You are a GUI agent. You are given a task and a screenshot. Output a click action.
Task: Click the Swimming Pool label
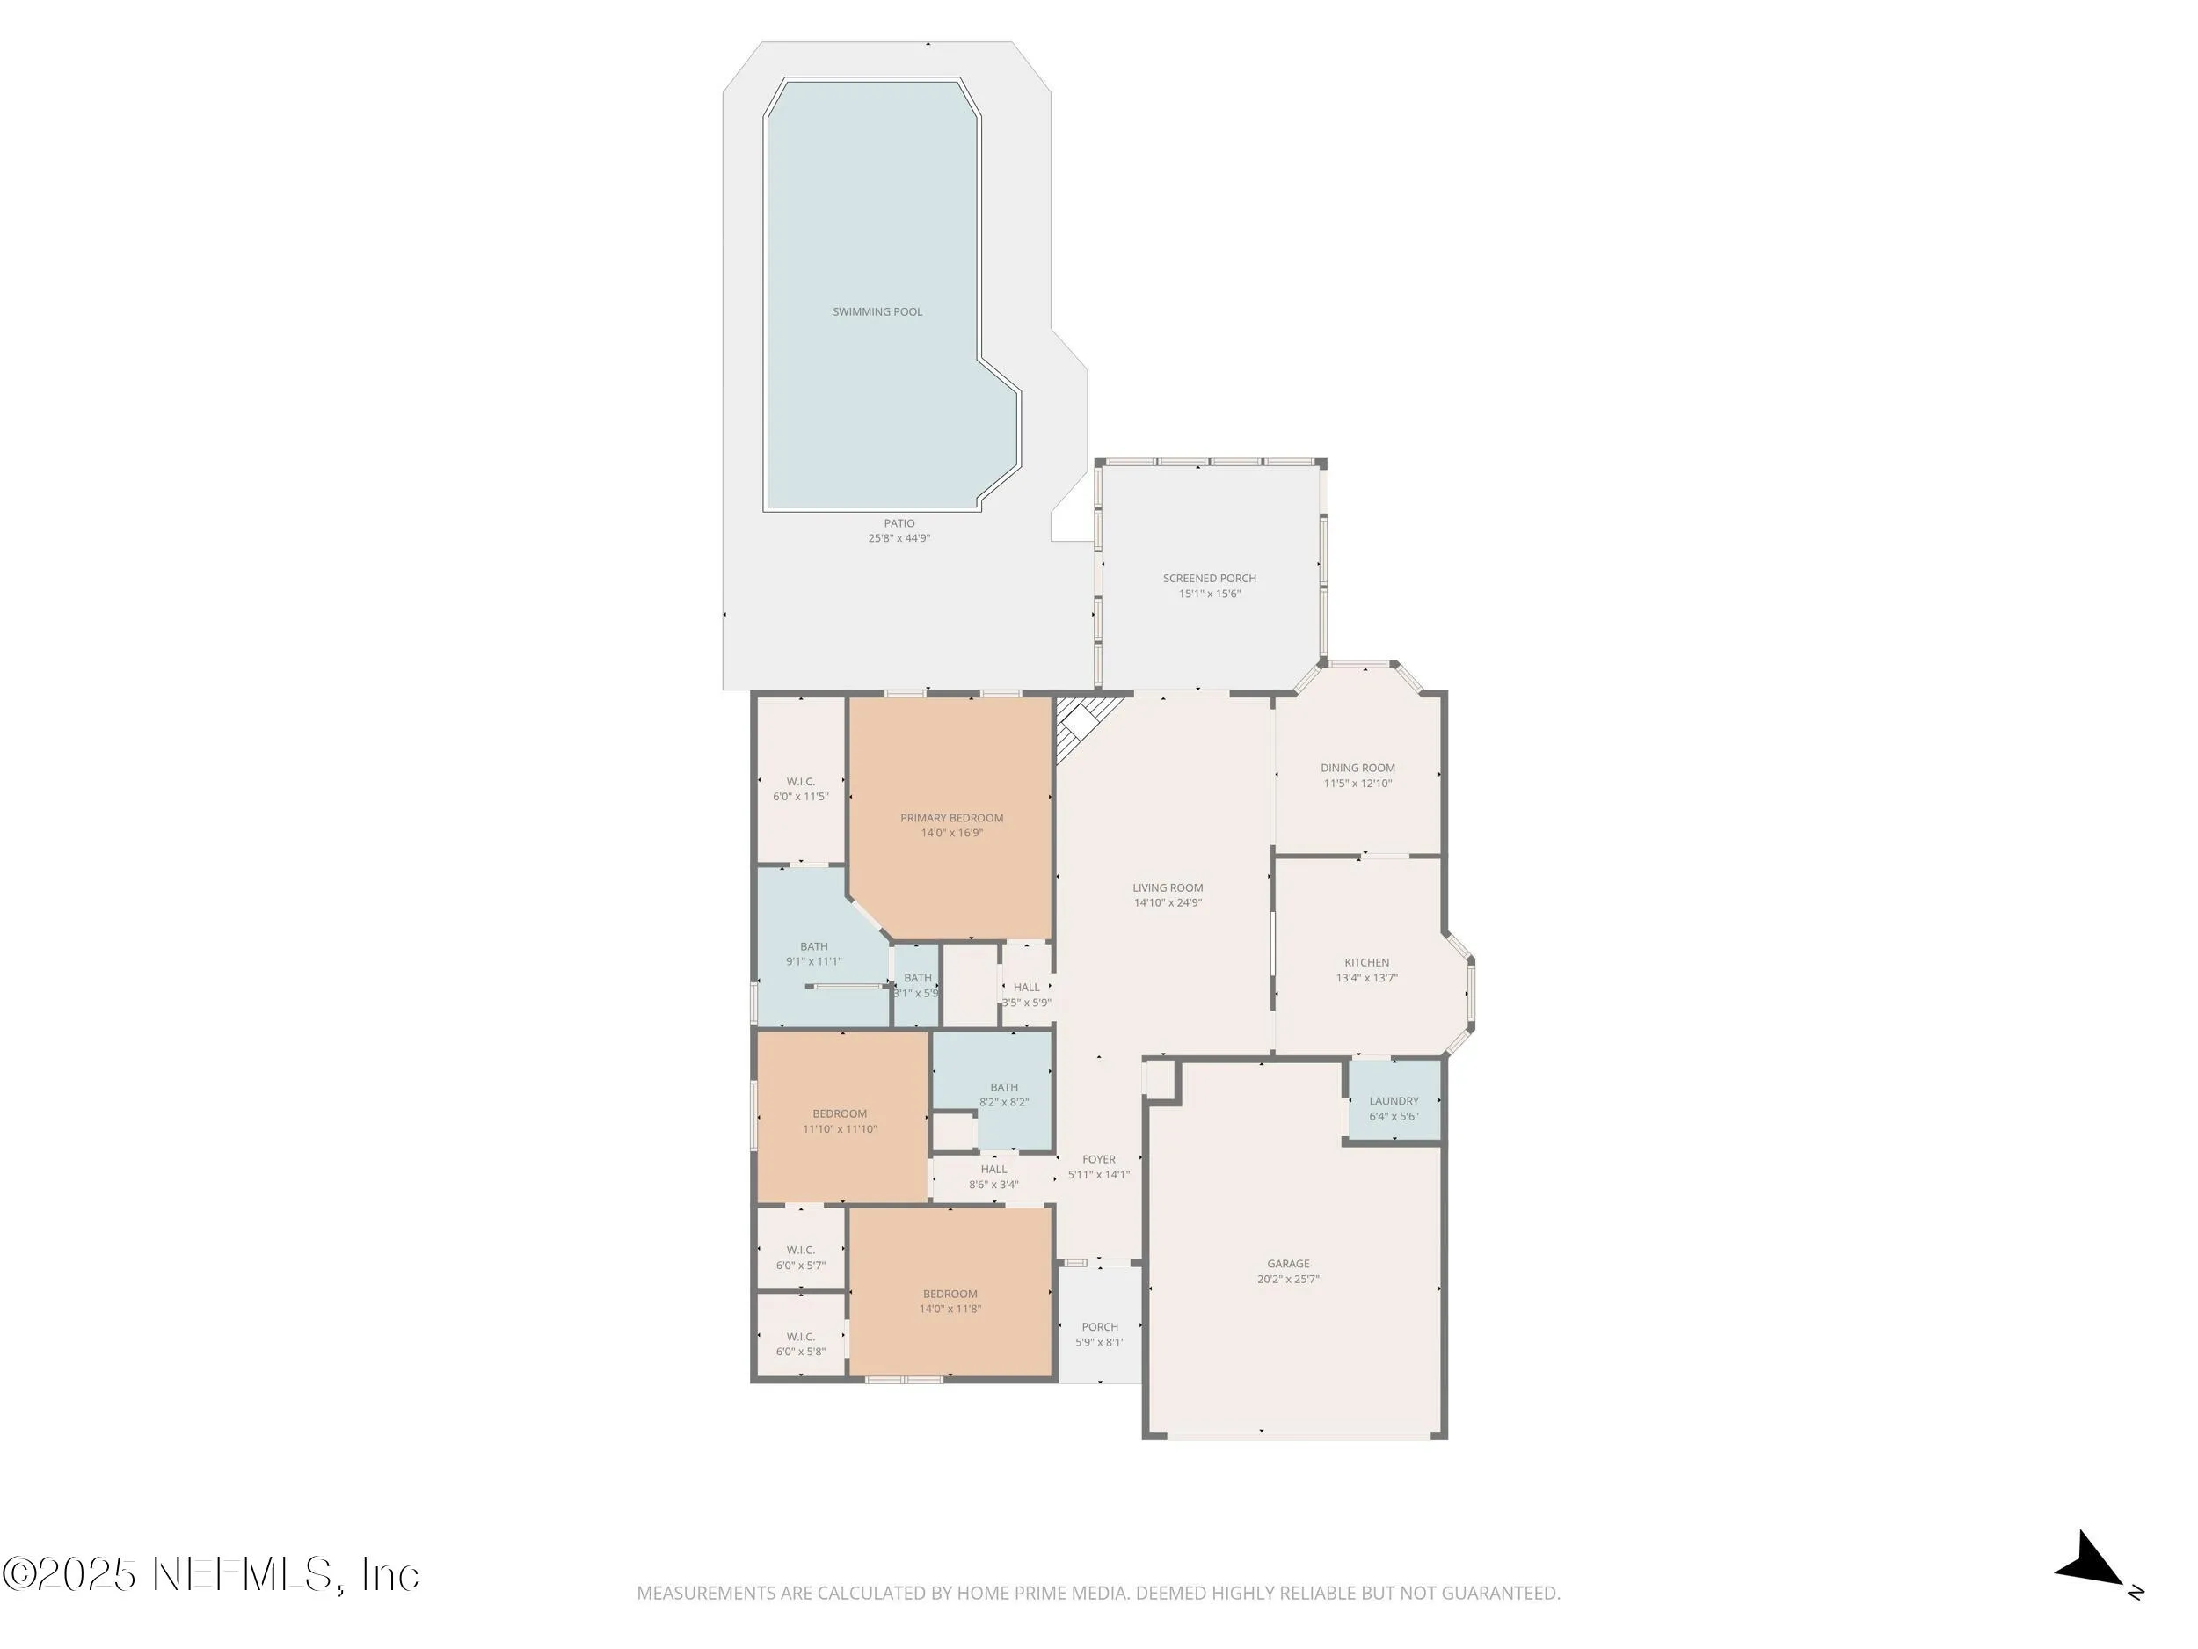[x=877, y=312]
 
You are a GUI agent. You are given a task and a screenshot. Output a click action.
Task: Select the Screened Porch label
[x=1209, y=579]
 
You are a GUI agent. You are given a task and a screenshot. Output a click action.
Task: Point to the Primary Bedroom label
[x=951, y=818]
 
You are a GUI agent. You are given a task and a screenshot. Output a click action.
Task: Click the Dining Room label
[x=1357, y=769]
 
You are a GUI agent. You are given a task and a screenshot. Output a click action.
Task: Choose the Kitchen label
[x=1366, y=962]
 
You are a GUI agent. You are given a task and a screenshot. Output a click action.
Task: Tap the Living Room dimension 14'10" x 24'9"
[x=1168, y=903]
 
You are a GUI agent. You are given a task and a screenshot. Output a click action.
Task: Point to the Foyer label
[x=1098, y=1159]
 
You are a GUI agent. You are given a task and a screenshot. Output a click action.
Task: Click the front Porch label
[x=1099, y=1327]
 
